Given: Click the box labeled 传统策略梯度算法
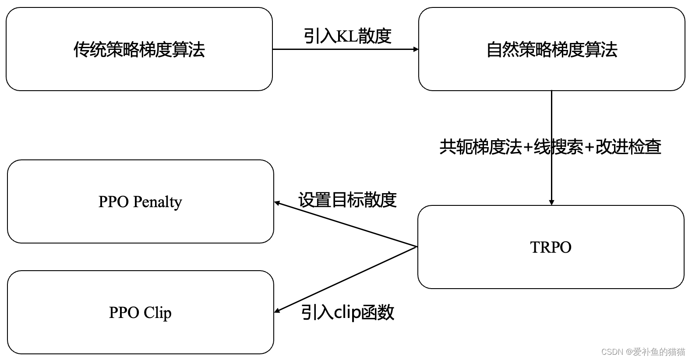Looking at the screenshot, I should click(x=139, y=49).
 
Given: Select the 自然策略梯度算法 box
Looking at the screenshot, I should click(x=551, y=49).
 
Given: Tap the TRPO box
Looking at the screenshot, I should click(x=551, y=247).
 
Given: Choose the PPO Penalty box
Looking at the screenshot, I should click(x=140, y=201).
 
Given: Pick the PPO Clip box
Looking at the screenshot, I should click(x=140, y=312).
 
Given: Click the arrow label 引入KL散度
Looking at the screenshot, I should click(x=347, y=36).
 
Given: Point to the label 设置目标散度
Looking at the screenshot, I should click(x=347, y=200).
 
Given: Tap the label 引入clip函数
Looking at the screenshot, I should click(x=347, y=312).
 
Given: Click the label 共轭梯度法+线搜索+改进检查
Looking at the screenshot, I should click(x=550, y=147).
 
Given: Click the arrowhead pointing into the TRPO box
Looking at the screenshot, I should click(x=551, y=202).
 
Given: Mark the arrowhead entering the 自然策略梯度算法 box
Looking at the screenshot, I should click(x=416, y=49).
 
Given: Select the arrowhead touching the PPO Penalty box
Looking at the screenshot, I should click(x=277, y=203).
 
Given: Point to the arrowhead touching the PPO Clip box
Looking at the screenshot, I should click(x=277, y=311).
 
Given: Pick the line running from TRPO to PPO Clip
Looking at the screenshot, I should click(x=346, y=279).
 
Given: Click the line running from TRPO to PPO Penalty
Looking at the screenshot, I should click(x=346, y=225).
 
